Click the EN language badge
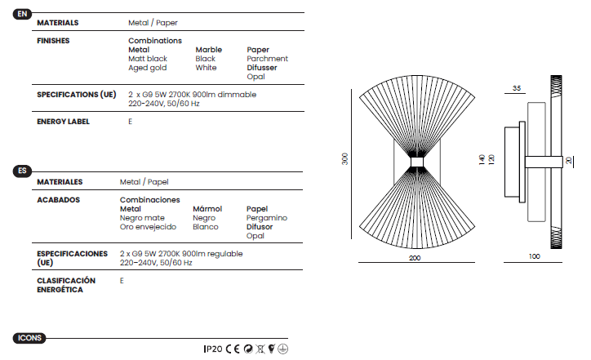pos(22,14)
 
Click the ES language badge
pos(22,171)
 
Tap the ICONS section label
pos(29,338)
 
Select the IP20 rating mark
pos(213,349)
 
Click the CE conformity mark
pos(233,349)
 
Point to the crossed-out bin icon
pos(260,349)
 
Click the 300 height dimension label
pos(344,158)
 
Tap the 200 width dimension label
pos(415,258)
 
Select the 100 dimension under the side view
pos(534,256)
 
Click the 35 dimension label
pos(517,88)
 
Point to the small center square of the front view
pos(417,162)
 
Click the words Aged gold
pos(148,68)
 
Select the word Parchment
pos(267,59)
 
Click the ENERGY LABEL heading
pos(63,122)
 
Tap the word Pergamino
pos(266,218)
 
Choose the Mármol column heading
pos(207,208)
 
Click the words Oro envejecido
pos(148,227)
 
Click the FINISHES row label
pos(53,41)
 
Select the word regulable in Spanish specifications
pos(224,254)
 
